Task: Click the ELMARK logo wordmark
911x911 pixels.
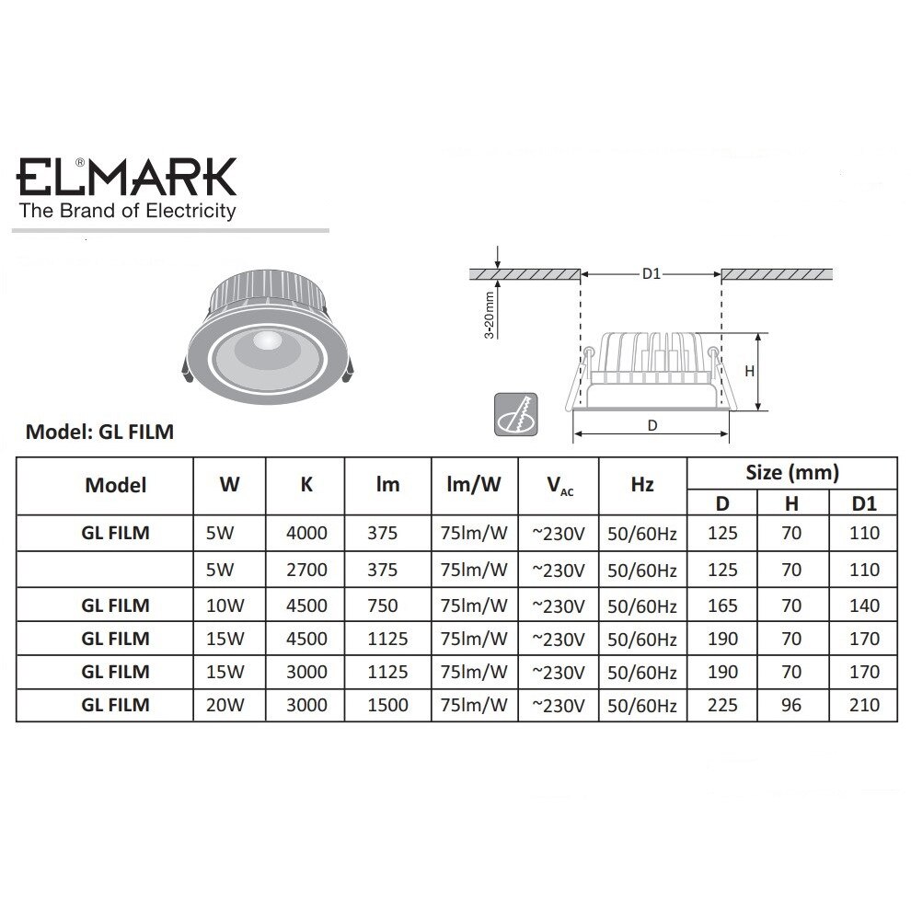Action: click(x=128, y=177)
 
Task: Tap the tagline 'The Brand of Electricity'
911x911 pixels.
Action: click(x=128, y=212)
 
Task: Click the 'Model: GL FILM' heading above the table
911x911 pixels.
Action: click(x=99, y=432)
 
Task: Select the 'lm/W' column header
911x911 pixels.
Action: click(x=474, y=484)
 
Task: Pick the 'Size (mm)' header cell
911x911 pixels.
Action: click(x=791, y=473)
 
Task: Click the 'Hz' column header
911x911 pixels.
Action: click(x=642, y=484)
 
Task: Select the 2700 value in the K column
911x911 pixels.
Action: click(x=306, y=570)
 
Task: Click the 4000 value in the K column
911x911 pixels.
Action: click(x=306, y=533)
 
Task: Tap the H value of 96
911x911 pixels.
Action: click(x=790, y=706)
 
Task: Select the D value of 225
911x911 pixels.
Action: click(x=722, y=706)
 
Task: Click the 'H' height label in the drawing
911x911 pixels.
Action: click(x=749, y=372)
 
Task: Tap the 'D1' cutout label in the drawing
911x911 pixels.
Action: click(x=652, y=273)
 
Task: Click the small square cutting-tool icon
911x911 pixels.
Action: click(x=516, y=412)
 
